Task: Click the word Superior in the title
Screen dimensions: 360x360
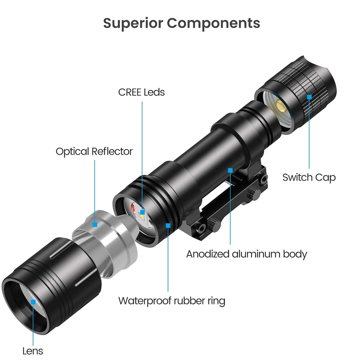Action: [133, 23]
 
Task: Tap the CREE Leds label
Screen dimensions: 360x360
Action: [141, 92]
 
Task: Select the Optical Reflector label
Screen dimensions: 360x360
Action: [94, 151]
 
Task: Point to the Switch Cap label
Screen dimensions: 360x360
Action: [309, 177]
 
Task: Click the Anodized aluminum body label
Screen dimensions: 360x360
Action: [247, 254]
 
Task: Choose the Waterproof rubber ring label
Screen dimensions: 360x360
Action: [172, 300]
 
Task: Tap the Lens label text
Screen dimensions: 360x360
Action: [32, 351]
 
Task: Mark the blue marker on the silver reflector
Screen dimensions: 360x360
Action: [95, 224]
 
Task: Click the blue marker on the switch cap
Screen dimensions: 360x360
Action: [309, 96]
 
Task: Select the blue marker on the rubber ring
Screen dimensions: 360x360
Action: [168, 225]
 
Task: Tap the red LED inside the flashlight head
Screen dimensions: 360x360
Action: [133, 209]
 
